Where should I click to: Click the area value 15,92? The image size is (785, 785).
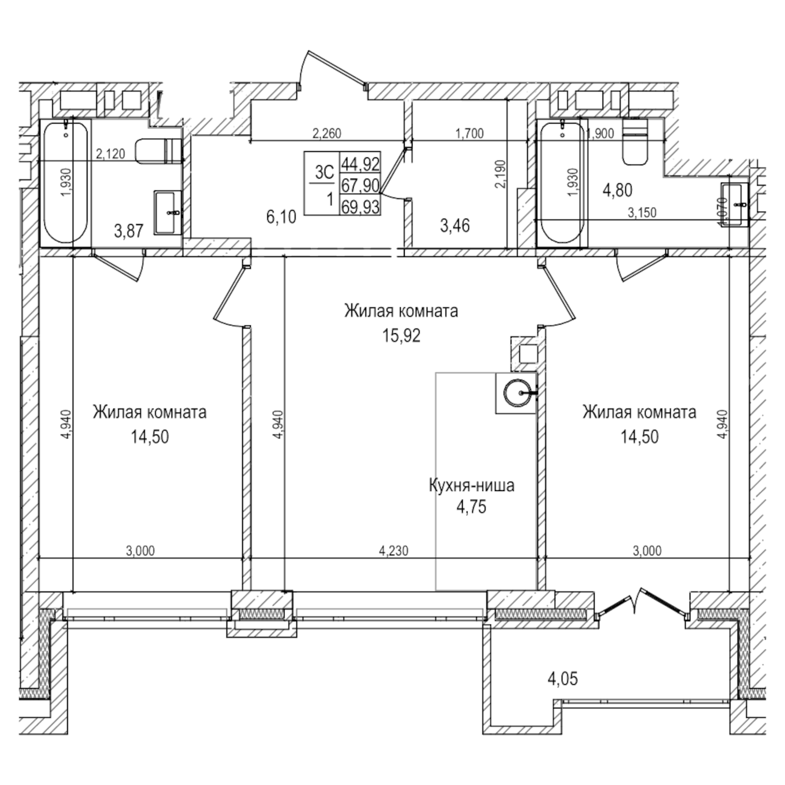pos(401,336)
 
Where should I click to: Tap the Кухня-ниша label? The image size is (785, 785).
pos(471,485)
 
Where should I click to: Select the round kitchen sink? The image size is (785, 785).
pos(518,393)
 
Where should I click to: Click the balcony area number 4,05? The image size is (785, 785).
pos(563,679)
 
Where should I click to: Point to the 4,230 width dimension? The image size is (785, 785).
pos(393,551)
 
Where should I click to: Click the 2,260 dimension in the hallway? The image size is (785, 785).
pos(327,133)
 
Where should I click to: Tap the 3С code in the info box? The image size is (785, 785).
pos(324,172)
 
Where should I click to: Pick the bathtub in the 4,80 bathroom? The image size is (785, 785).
pos(562,183)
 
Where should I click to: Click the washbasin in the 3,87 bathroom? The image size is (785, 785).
pos(168,212)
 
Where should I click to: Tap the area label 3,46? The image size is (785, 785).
pos(455,226)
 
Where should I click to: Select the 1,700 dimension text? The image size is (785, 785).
pos(469,133)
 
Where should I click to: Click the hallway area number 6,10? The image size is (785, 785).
pos(281,217)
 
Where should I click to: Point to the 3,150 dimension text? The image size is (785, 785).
pos(642,212)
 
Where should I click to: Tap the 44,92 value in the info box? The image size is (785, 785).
pos(360,164)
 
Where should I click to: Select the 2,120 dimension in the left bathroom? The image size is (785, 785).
pos(110,154)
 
